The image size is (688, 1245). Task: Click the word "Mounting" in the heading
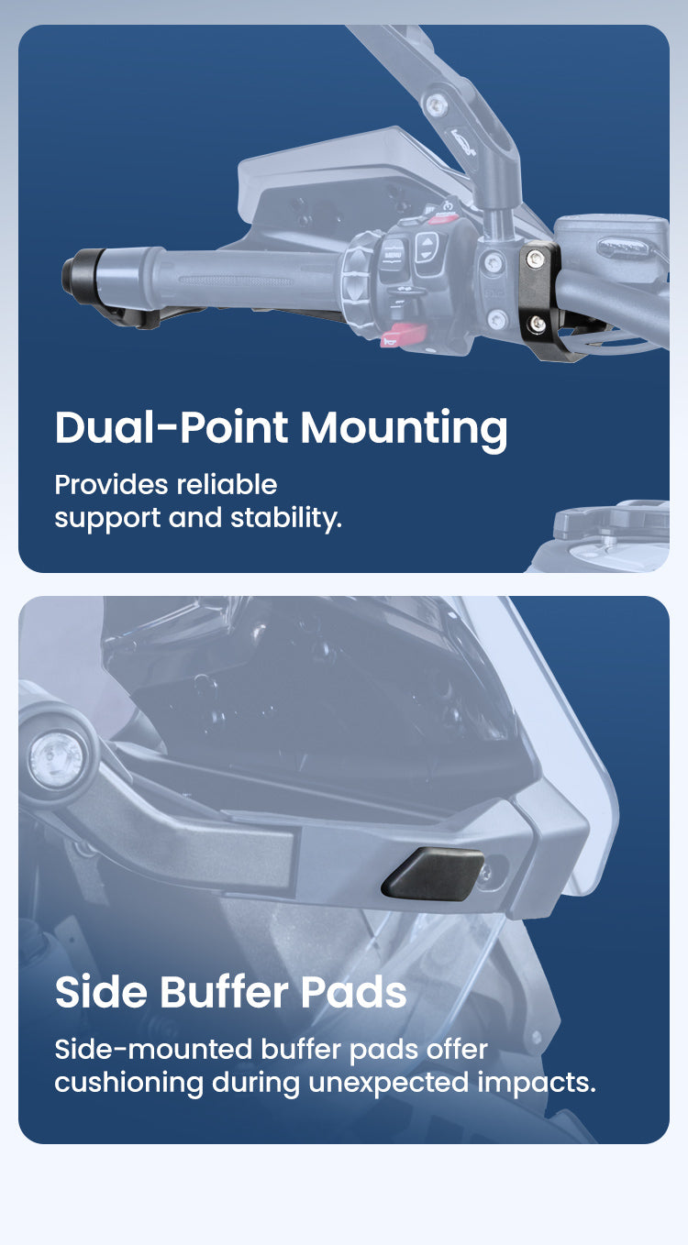tap(404, 429)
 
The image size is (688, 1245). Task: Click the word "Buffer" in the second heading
tap(233, 992)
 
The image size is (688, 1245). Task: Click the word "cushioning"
tap(128, 1083)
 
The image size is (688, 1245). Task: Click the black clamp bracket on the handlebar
tap(541, 293)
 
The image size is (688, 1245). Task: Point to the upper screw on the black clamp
tap(535, 263)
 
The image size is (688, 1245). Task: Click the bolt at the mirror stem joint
tap(438, 105)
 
